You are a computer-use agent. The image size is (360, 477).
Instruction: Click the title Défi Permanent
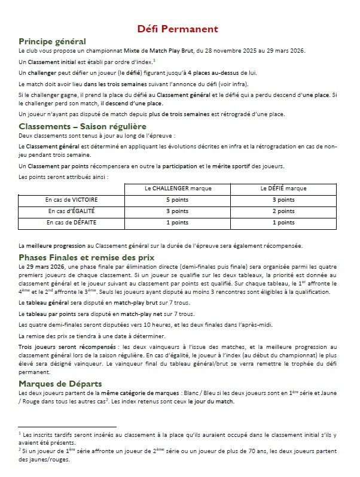pyautogui.click(x=180, y=29)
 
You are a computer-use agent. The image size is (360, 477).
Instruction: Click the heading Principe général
pyautogui.click(x=52, y=41)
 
